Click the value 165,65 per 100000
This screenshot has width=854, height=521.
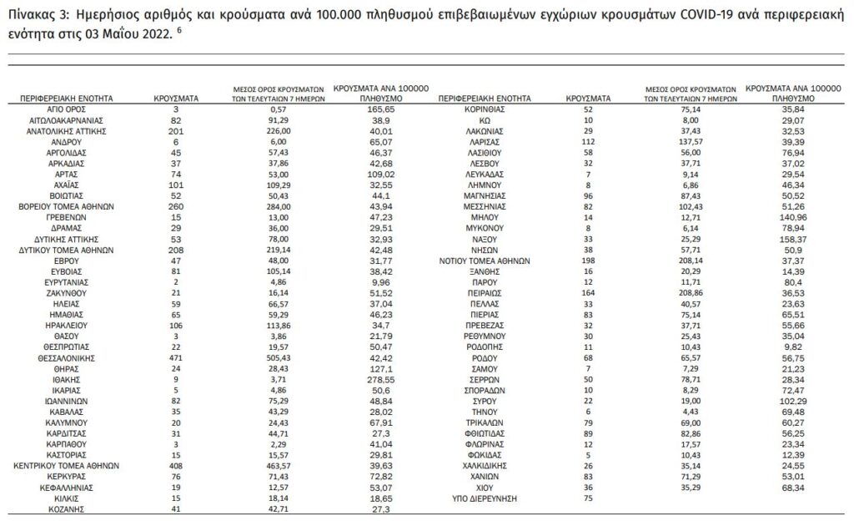click(379, 109)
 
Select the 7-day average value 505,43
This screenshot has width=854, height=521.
click(279, 354)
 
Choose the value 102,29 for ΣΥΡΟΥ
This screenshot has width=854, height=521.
click(782, 401)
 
